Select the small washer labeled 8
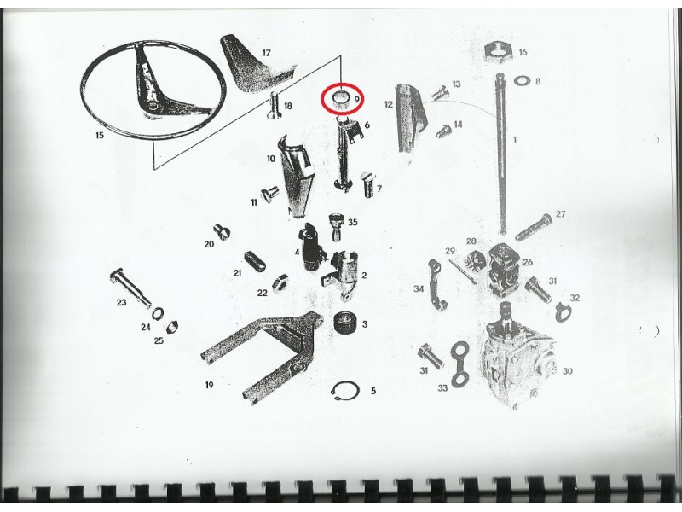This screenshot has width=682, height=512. (x=521, y=81)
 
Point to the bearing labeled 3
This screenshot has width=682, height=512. (x=345, y=323)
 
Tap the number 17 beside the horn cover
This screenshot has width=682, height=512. (x=266, y=53)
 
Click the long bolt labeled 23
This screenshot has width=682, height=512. (x=130, y=288)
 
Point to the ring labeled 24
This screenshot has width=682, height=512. (x=159, y=312)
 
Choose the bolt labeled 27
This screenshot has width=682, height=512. (x=534, y=226)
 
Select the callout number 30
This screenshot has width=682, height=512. (x=567, y=371)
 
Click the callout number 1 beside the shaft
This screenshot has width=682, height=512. (x=515, y=140)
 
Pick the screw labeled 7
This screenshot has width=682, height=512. (x=367, y=184)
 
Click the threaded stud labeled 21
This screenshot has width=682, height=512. (x=256, y=261)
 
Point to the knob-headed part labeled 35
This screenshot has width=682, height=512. (x=338, y=226)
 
